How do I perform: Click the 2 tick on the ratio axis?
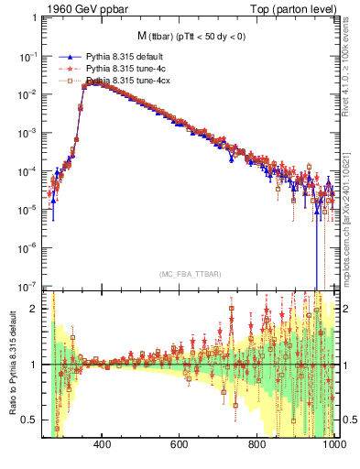tap(38, 309)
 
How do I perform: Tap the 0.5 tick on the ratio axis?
tap(35, 420)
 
